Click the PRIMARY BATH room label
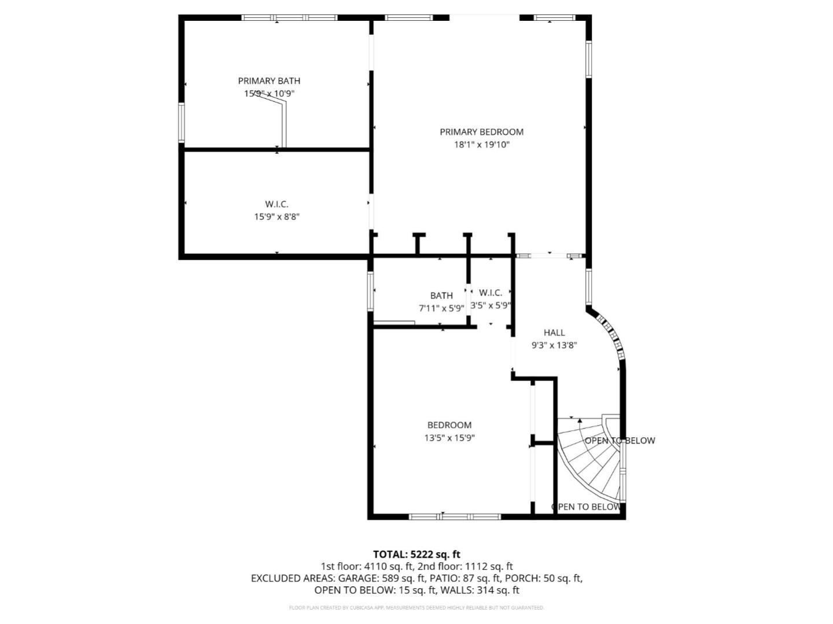[x=269, y=81]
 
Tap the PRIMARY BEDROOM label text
[x=481, y=132]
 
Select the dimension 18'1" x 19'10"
[x=481, y=145]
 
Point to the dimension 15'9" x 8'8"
[x=277, y=217]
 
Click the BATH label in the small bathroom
[x=441, y=296]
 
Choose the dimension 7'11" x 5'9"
[x=441, y=308]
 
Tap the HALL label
[x=554, y=333]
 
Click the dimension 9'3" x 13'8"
[x=554, y=345]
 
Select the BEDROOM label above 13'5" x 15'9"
[x=449, y=425]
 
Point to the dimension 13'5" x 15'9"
[x=449, y=438]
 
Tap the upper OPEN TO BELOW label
[x=620, y=441]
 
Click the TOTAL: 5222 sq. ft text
[x=417, y=555]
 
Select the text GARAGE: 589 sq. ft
[x=382, y=578]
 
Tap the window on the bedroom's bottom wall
[x=455, y=516]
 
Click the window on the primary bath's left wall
[x=182, y=123]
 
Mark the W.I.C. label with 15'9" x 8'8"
[x=277, y=204]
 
